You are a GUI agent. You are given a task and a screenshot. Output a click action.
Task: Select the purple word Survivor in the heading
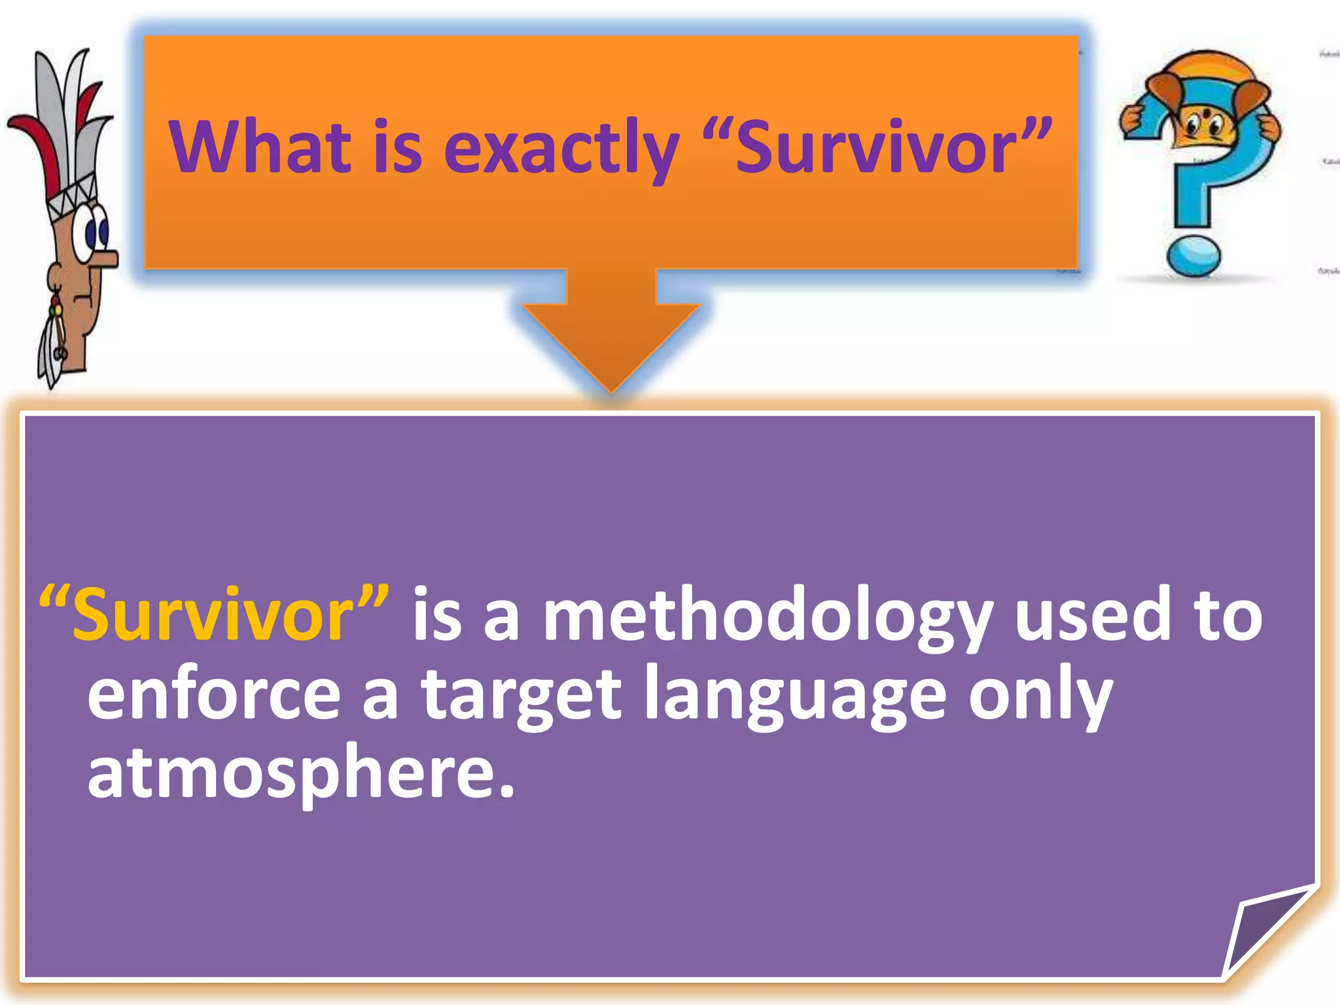pos(877,148)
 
